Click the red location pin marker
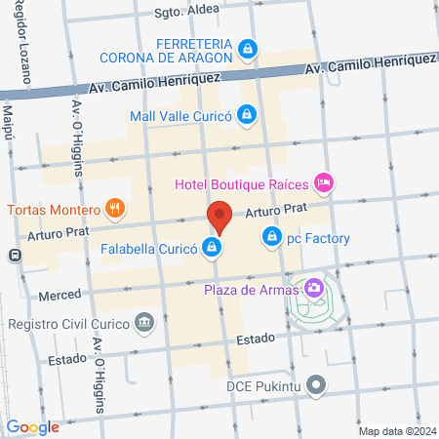[x=219, y=216]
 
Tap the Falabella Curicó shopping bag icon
[x=211, y=248]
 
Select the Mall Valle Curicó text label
[x=181, y=116]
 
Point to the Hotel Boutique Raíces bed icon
[x=325, y=182]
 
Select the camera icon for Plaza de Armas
[x=314, y=287]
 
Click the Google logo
[x=33, y=426]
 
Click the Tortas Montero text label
[x=53, y=209]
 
